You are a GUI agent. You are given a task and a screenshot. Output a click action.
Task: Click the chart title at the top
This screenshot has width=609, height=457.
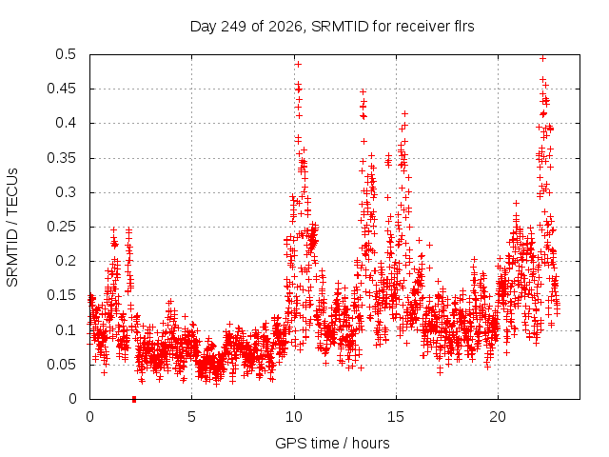(332, 27)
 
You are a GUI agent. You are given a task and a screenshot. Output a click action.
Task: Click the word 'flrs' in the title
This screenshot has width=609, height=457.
(463, 27)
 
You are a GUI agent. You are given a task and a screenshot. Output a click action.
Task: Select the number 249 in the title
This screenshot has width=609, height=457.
(233, 27)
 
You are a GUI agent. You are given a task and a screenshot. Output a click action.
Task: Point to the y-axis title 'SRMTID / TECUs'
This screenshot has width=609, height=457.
(12, 228)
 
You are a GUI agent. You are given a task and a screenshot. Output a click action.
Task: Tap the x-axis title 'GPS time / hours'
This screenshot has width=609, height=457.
(332, 443)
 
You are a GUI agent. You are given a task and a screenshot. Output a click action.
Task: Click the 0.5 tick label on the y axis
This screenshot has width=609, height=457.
(66, 54)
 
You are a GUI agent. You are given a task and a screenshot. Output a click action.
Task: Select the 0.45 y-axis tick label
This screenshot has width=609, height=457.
(61, 89)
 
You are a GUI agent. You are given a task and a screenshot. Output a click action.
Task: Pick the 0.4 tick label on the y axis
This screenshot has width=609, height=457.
(66, 123)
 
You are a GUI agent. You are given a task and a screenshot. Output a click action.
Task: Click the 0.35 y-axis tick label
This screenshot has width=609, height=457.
(61, 158)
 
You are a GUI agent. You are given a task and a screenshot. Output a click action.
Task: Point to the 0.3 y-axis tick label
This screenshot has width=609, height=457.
(66, 192)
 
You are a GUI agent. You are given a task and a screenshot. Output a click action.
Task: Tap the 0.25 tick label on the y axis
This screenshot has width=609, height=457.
(61, 227)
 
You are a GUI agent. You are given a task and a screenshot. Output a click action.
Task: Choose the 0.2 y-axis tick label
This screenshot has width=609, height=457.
(66, 261)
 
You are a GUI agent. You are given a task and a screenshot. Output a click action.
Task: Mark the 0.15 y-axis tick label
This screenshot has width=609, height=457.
(61, 295)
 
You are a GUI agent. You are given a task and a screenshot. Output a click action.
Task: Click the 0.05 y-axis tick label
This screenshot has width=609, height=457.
(61, 364)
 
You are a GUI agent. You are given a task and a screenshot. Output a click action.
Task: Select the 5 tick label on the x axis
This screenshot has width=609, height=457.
(191, 417)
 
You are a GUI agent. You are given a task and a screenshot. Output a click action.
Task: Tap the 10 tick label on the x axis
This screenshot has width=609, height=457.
(294, 417)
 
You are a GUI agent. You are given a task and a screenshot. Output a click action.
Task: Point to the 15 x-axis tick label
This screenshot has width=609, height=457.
(396, 417)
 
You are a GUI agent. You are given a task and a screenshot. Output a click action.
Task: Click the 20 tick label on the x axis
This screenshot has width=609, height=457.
(498, 417)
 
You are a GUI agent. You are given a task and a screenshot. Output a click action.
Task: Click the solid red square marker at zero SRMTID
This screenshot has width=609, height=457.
(134, 399)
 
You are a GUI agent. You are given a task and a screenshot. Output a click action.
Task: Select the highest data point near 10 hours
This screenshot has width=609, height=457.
(298, 64)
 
